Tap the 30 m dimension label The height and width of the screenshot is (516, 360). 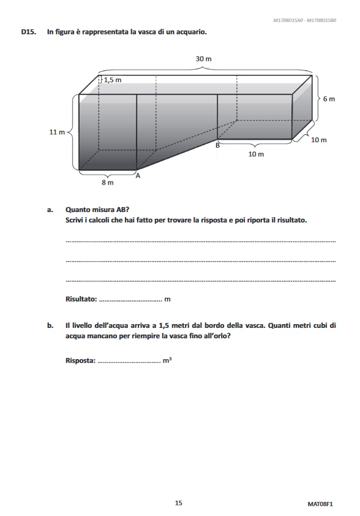pos(203,59)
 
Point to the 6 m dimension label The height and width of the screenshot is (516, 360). pos(329,99)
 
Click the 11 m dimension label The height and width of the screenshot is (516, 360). pos(57,132)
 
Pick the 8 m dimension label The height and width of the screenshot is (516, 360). pos(107,183)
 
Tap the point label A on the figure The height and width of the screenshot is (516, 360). pos(138,176)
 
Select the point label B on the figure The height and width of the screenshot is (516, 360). pos(217,145)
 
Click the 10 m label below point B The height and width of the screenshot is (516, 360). pos(256,154)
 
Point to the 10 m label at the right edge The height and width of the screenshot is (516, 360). pos(319,140)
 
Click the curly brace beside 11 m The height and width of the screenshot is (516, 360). pos(70,132)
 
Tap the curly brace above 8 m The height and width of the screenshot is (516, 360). pos(107,174)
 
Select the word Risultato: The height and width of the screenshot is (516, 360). pos(81,300)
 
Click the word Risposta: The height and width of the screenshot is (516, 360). pos(80,360)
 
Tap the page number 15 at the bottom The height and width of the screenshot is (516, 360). pos(178,503)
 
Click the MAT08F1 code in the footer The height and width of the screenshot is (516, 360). pos(320,504)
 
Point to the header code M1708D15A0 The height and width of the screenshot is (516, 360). pos(288,20)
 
